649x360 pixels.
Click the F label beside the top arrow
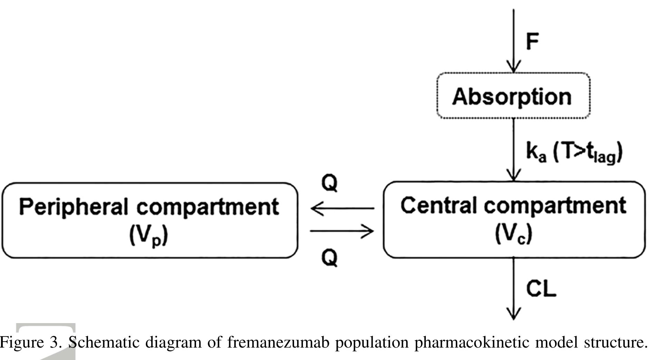pos(532,42)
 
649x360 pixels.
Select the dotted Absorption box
pos(513,96)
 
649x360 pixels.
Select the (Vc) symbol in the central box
pos(514,234)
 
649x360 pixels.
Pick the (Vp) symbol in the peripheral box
pos(149,236)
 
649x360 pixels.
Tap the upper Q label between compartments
pos(330,183)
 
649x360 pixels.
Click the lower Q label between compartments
pos(330,257)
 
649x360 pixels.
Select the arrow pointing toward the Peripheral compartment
pos(342,208)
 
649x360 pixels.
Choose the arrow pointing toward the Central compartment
pos(342,231)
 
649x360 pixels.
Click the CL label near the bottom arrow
pos(541,289)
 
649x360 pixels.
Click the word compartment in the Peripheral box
pos(208,207)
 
